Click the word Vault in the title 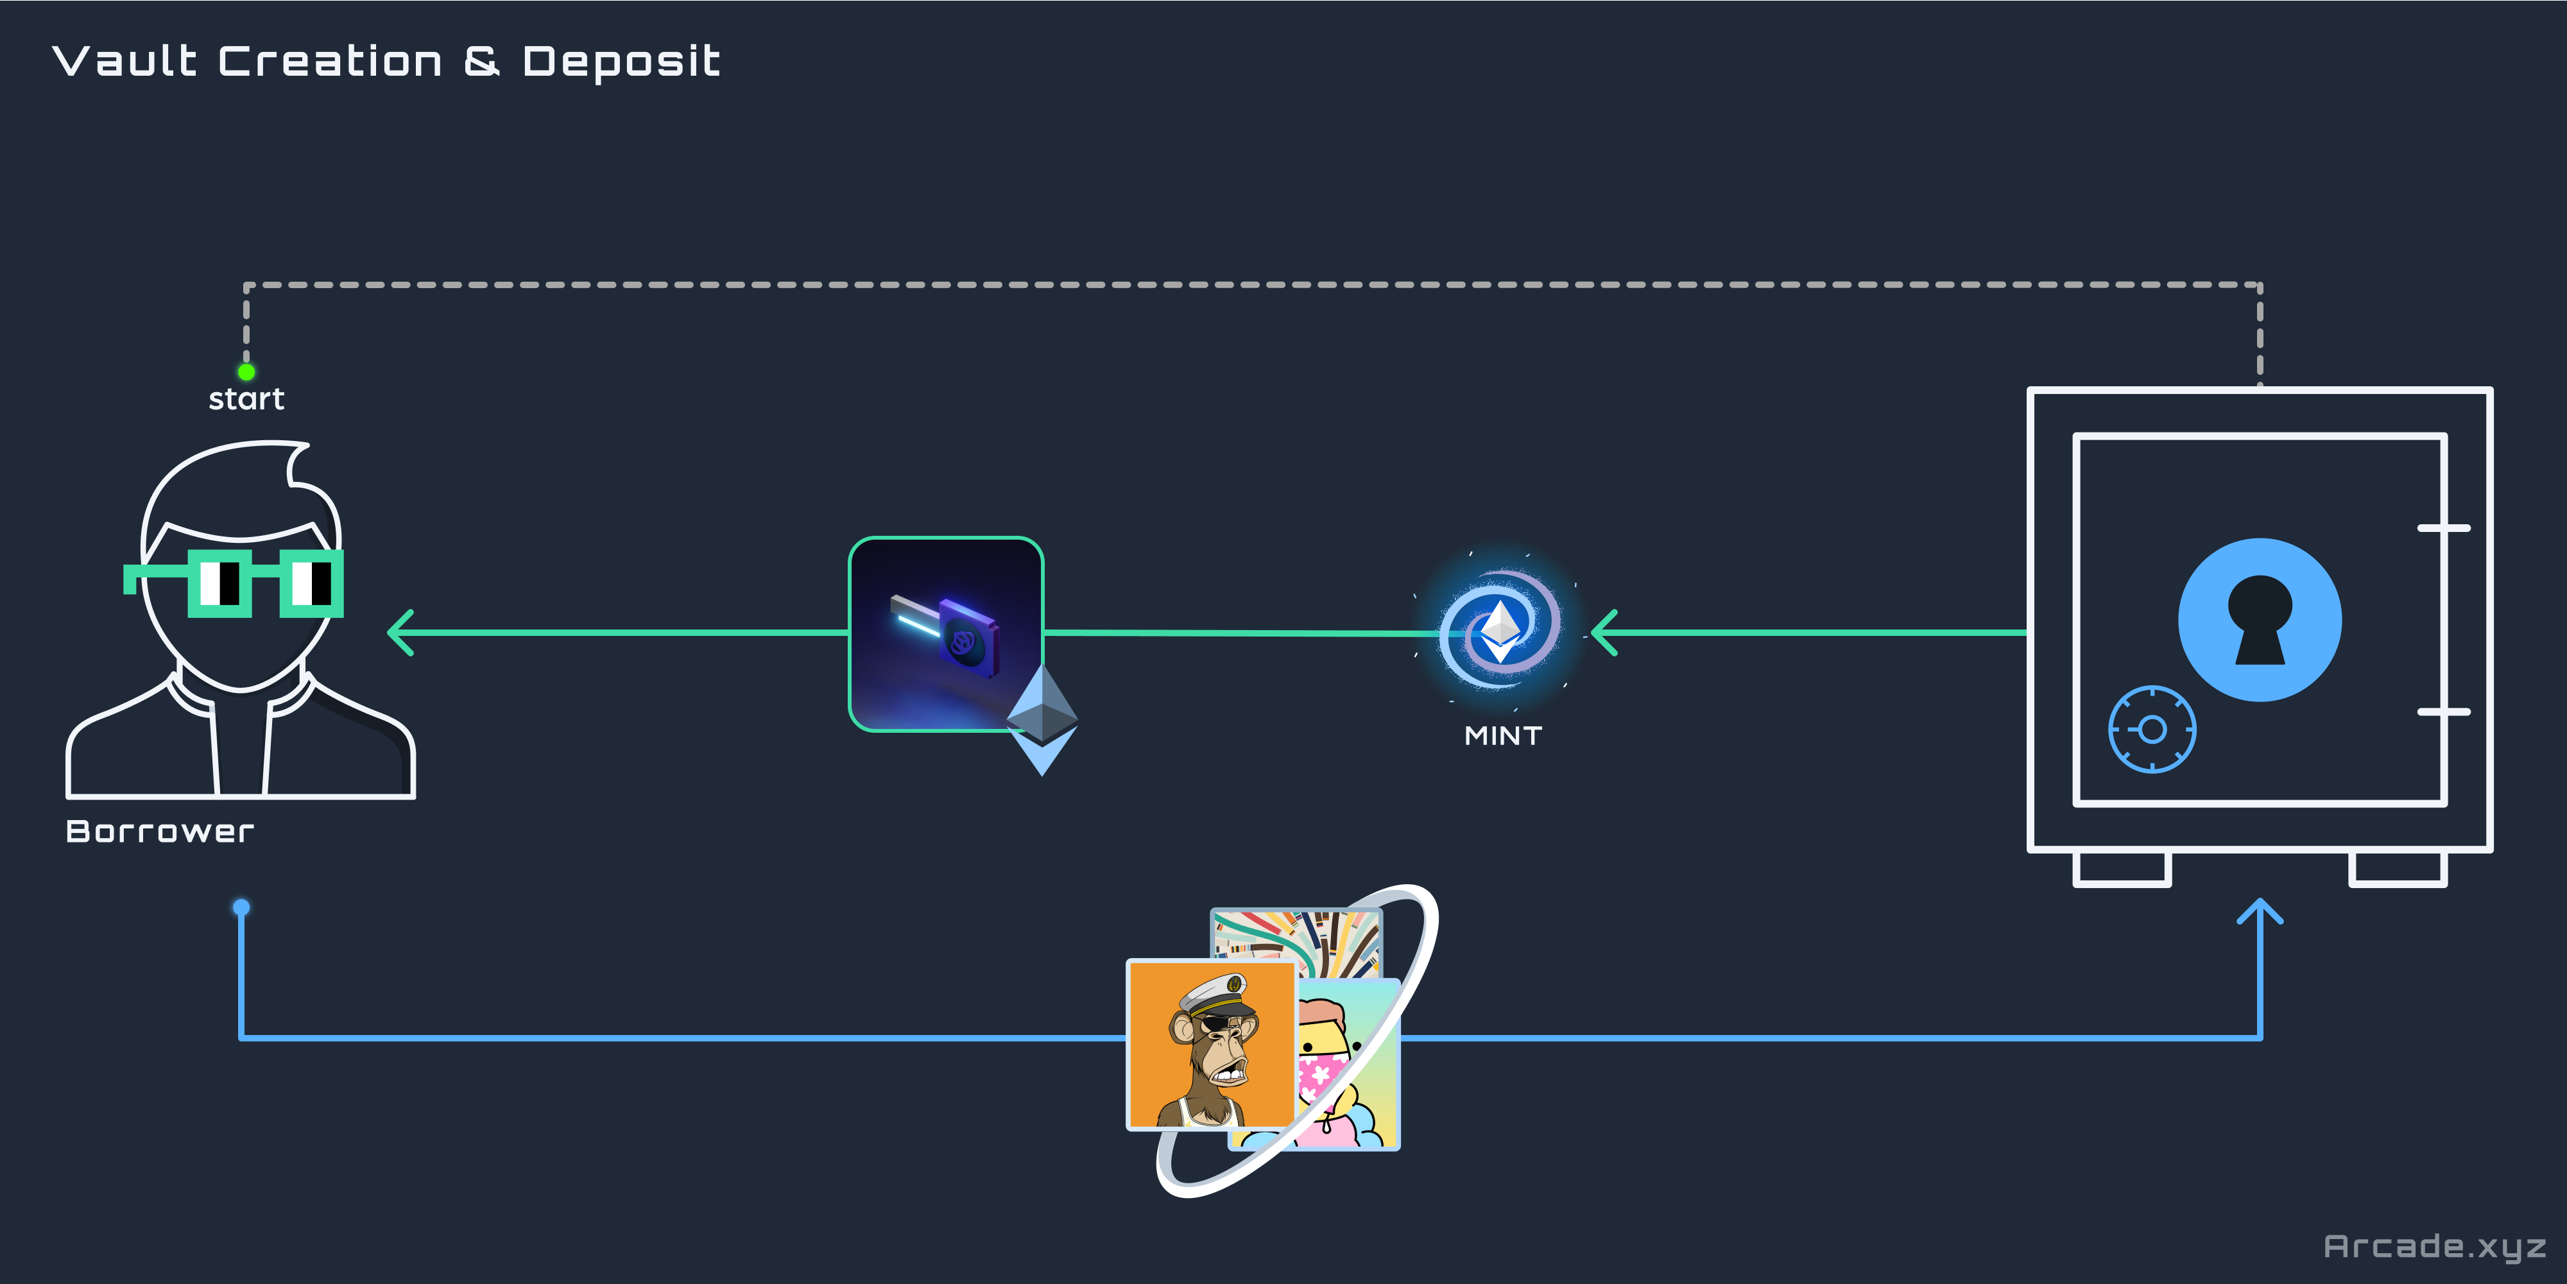tap(124, 62)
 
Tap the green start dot tap(246, 372)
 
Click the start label tap(246, 399)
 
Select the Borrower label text tap(159, 832)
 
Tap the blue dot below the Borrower tap(241, 907)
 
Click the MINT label tap(1503, 736)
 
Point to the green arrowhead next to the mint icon tap(1603, 633)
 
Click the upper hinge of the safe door tap(2443, 528)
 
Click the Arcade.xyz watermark tap(2434, 1246)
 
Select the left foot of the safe tap(2122, 869)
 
